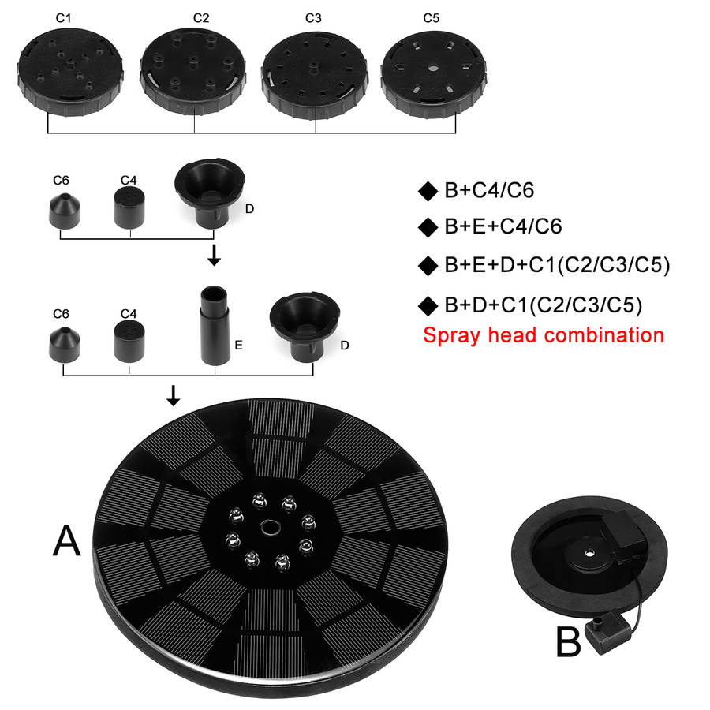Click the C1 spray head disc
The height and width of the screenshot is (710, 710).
tap(70, 72)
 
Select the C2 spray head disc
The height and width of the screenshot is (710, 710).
tap(193, 72)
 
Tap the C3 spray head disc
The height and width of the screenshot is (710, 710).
tap(315, 75)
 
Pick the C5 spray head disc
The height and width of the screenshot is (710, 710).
tap(434, 74)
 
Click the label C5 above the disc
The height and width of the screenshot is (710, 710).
tap(431, 18)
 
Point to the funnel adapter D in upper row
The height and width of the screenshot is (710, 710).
tap(210, 193)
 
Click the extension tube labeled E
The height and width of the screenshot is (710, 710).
tap(215, 325)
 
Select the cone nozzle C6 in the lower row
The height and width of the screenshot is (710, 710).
tap(65, 345)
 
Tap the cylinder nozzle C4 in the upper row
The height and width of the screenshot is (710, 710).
tap(129, 208)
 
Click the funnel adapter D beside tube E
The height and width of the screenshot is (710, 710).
tap(305, 327)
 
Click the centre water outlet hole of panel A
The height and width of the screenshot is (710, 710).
tap(271, 528)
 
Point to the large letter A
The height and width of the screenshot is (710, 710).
tap(66, 540)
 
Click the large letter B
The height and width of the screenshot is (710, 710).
tap(568, 641)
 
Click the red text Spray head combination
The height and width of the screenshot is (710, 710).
tap(544, 335)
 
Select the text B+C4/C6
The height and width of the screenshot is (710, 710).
tap(489, 190)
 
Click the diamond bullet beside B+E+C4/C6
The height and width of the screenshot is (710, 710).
tap(428, 227)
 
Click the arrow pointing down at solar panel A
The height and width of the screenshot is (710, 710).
tap(173, 395)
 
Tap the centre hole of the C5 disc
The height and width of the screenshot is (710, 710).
tap(433, 69)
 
